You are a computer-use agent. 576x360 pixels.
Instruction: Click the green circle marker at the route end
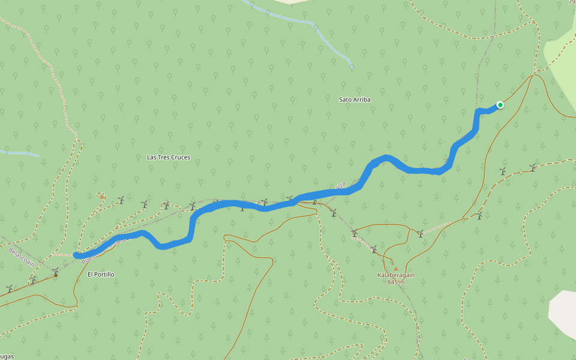click(x=500, y=105)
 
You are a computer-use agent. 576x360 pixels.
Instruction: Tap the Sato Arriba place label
click(x=355, y=100)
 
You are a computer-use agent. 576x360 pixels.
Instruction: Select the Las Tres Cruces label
click(x=169, y=157)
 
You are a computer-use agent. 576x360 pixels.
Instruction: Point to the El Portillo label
click(x=101, y=274)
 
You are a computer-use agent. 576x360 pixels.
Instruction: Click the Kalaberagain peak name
click(x=396, y=275)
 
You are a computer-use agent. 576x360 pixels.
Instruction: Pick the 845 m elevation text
click(x=396, y=282)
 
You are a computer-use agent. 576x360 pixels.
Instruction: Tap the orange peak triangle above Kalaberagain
click(x=395, y=268)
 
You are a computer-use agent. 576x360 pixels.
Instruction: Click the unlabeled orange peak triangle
click(x=102, y=196)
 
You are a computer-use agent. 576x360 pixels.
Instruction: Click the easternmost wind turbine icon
click(x=532, y=167)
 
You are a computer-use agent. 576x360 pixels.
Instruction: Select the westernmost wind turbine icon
click(x=9, y=289)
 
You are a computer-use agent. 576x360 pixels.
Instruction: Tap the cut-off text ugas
click(x=7, y=356)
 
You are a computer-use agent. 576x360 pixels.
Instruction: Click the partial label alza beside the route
click(x=340, y=187)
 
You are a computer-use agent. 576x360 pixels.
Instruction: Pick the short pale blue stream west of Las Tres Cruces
click(x=18, y=153)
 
